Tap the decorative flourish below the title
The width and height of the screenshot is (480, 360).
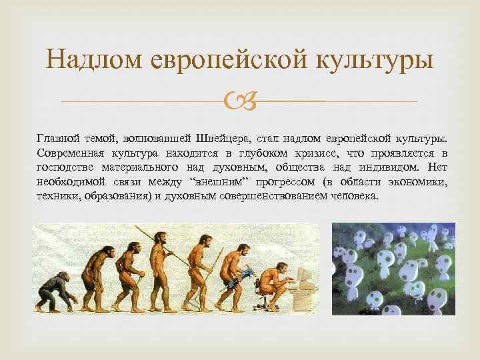pyautogui.click(x=240, y=101)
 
